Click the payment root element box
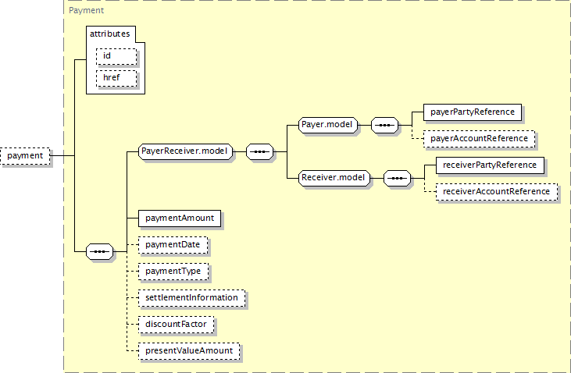tap(25, 156)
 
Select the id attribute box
tap(116, 56)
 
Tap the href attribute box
tap(116, 78)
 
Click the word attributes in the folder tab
tap(110, 34)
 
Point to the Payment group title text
tap(86, 10)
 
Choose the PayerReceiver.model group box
tap(185, 151)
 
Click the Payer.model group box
tap(328, 125)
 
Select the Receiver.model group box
tap(334, 178)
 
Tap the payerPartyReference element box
tap(473, 112)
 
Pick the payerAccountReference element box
tap(480, 139)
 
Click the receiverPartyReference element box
tap(490, 165)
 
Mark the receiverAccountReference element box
tap(497, 192)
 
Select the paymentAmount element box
tap(180, 218)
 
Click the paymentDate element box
tap(173, 245)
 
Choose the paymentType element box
tap(173, 272)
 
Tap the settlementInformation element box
tap(191, 298)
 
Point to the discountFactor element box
tap(176, 325)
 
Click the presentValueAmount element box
tap(189, 351)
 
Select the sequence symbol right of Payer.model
tap(384, 125)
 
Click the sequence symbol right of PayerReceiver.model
tap(259, 151)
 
